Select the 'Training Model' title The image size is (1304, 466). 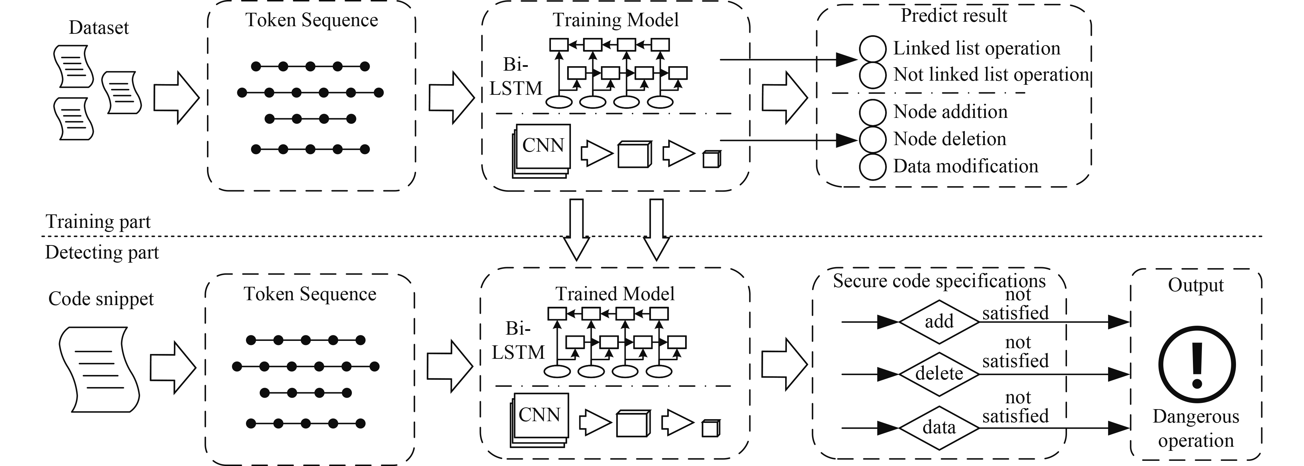pos(615,20)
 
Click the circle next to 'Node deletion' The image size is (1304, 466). pos(872,139)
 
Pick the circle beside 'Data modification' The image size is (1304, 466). pos(872,166)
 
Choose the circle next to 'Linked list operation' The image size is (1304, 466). pos(872,49)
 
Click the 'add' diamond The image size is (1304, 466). pos(939,321)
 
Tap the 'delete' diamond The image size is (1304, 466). pos(939,374)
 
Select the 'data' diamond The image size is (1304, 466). pos(939,427)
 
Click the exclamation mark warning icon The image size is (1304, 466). pos(1197,364)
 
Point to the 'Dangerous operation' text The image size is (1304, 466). pos(1196,428)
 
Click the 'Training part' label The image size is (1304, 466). pos(98,222)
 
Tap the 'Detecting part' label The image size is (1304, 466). pos(102,252)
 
